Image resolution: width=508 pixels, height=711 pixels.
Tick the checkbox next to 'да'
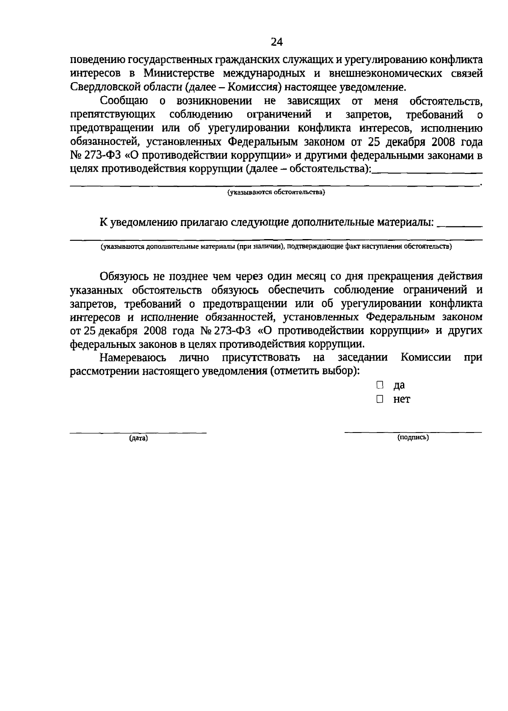[x=380, y=385]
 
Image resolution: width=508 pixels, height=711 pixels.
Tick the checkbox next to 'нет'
[x=380, y=399]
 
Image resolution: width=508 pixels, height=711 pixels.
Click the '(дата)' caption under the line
[x=138, y=438]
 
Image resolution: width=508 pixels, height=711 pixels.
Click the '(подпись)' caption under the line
[x=413, y=438]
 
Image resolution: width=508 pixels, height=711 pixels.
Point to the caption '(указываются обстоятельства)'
[x=276, y=193]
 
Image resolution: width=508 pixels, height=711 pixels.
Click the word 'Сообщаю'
[x=124, y=101]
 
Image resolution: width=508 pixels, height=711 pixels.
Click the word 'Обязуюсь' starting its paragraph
[x=124, y=276]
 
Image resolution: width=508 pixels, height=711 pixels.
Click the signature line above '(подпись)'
[x=413, y=432]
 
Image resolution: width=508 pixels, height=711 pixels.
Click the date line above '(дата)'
[x=138, y=433]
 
